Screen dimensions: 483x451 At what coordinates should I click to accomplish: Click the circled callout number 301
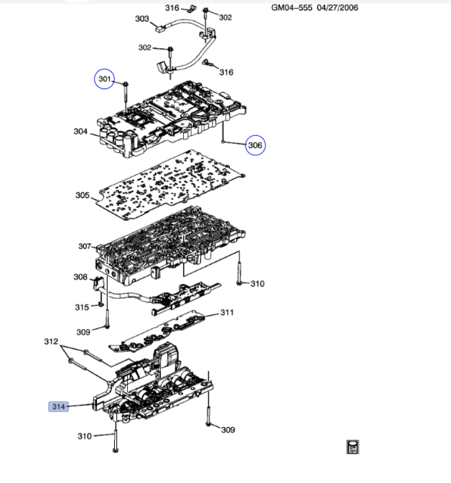[105, 79]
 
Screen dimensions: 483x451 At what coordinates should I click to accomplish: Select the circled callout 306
[255, 144]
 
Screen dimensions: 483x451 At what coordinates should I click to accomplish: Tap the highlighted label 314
[58, 407]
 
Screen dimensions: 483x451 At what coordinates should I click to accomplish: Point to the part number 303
[142, 19]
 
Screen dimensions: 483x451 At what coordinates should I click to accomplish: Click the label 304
[81, 131]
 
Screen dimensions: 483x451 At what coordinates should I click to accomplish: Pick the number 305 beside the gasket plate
[83, 196]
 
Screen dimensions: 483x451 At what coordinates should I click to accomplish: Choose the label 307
[85, 246]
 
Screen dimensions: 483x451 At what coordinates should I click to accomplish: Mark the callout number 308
[80, 277]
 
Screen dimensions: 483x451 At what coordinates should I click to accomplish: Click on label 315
[82, 307]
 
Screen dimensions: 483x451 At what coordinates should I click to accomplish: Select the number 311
[227, 313]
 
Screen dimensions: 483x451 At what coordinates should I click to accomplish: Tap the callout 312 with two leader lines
[51, 341]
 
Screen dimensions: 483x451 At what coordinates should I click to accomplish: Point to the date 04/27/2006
[338, 8]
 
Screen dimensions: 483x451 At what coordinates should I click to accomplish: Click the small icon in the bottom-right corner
[352, 447]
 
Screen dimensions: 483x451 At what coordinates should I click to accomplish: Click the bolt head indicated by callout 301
[125, 84]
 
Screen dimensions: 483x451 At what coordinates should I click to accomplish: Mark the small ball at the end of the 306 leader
[223, 142]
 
